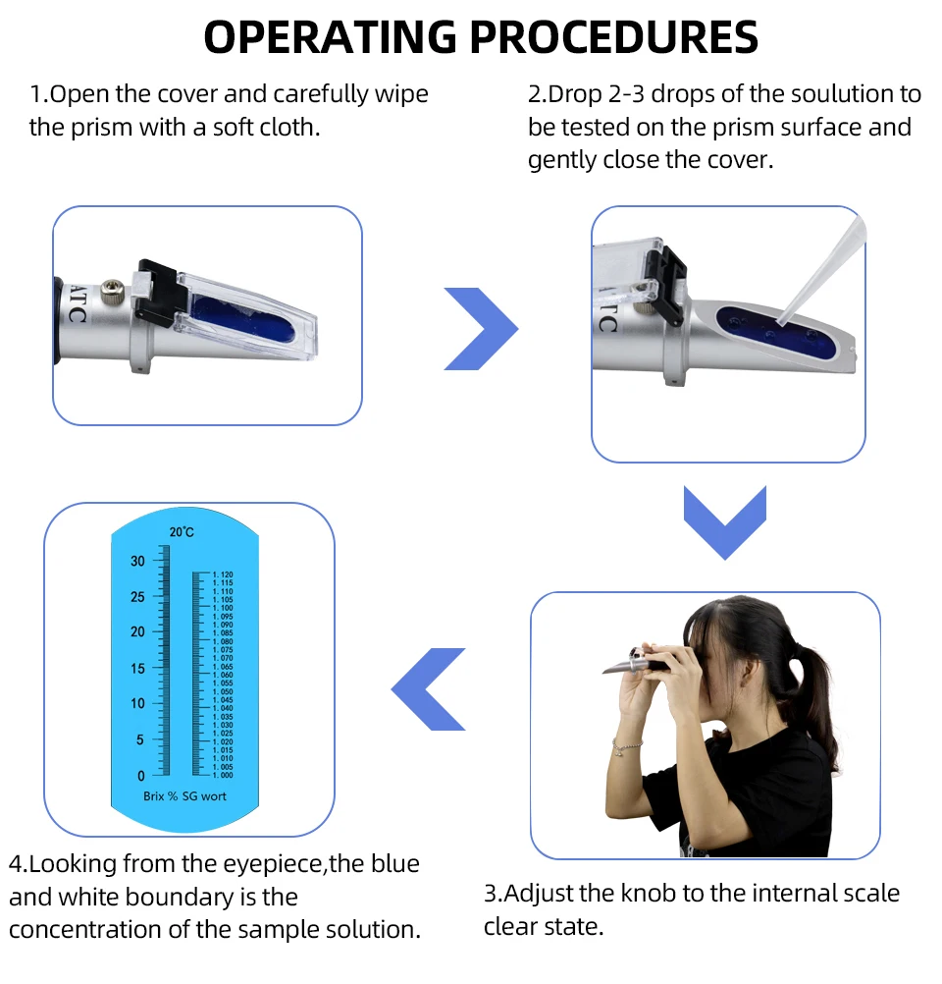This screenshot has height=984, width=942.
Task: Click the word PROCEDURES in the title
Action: (x=614, y=36)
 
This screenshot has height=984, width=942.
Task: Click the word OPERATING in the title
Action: (x=330, y=36)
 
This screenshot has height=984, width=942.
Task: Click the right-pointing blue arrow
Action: (x=480, y=328)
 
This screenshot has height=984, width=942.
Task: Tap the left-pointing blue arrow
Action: (x=428, y=689)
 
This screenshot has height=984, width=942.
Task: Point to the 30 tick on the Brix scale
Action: (x=137, y=561)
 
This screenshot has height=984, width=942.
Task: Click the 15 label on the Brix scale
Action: (x=137, y=669)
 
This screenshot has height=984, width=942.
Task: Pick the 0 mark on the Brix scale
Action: (x=140, y=776)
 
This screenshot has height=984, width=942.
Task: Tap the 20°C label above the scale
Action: (x=182, y=532)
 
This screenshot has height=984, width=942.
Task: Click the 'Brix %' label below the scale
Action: (x=160, y=796)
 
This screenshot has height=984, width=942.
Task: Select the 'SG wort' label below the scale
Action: (x=204, y=796)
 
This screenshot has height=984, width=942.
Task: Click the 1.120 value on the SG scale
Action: (x=223, y=574)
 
